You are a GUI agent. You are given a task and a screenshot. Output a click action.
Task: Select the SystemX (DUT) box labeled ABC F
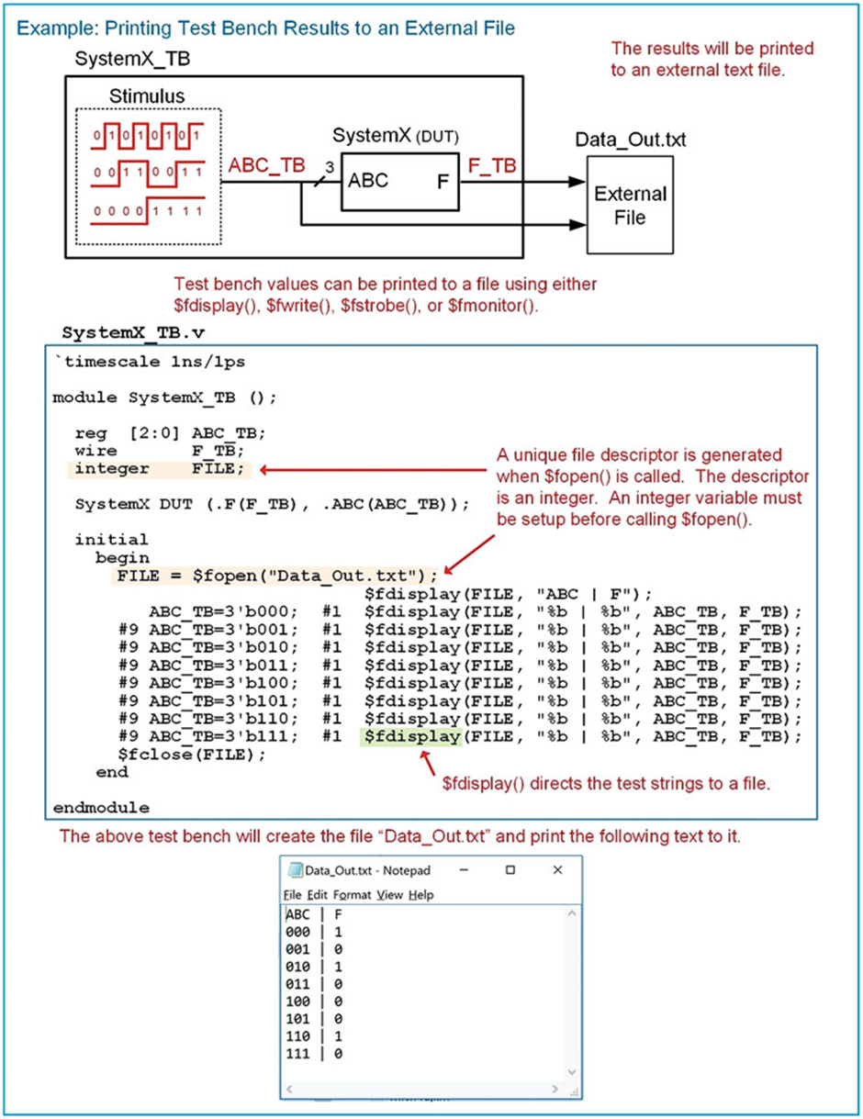click(x=400, y=181)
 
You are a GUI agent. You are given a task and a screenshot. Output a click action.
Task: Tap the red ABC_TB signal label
click(x=266, y=166)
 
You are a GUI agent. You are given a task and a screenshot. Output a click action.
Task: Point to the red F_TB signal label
click(x=492, y=166)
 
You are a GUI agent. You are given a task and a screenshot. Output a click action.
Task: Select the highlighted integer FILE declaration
click(x=161, y=469)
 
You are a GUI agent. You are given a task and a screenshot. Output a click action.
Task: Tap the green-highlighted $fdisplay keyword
click(x=409, y=737)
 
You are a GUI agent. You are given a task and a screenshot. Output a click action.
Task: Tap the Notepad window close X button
click(x=557, y=869)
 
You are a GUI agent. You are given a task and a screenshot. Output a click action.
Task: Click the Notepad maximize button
click(x=511, y=869)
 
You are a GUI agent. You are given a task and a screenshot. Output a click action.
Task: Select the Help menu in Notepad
click(x=421, y=894)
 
